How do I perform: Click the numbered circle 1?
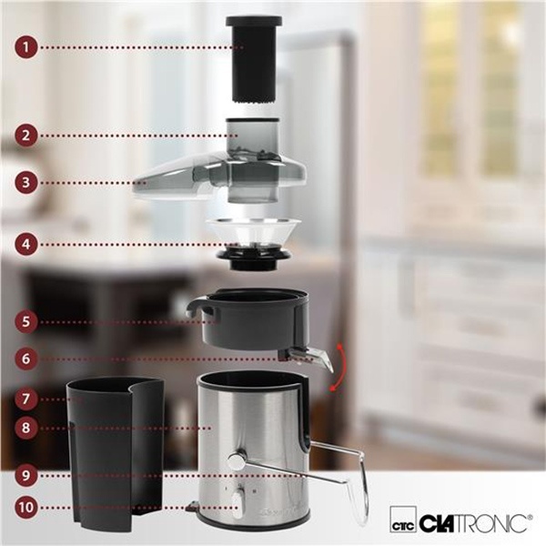click(x=26, y=47)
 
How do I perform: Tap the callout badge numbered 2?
click(x=26, y=136)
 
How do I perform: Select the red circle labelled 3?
click(x=26, y=183)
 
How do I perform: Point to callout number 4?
click(x=26, y=244)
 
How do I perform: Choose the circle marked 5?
click(x=26, y=321)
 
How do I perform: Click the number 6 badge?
click(x=26, y=359)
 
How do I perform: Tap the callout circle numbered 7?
click(x=26, y=399)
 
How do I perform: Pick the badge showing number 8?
click(x=26, y=428)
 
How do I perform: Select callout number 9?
click(x=26, y=475)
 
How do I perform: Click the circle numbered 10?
click(x=26, y=507)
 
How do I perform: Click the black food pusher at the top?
click(x=254, y=59)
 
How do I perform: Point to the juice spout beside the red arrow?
click(x=307, y=358)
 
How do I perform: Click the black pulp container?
click(x=116, y=451)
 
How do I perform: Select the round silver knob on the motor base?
click(x=236, y=460)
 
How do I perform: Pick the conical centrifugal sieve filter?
click(x=253, y=244)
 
